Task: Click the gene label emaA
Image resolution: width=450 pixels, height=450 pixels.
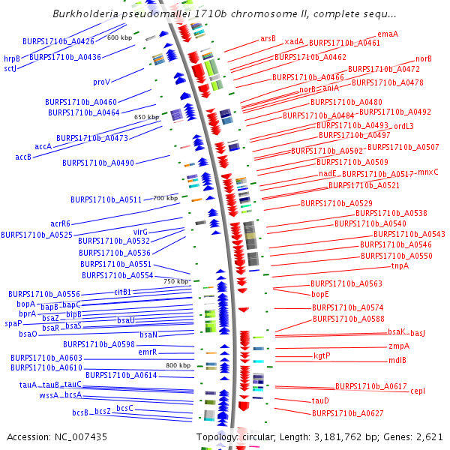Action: tap(388, 34)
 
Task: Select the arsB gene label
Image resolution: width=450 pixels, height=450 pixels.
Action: tap(268, 38)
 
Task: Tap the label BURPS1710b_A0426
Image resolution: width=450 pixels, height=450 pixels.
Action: tap(58, 41)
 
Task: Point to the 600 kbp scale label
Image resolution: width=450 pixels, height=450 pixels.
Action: tap(119, 37)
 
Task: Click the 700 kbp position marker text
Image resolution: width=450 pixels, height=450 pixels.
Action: tap(166, 198)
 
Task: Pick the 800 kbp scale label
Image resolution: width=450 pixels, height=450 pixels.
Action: tap(178, 365)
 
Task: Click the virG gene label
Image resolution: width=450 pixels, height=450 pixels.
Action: tap(141, 232)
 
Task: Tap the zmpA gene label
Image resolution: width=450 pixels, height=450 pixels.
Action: tap(399, 346)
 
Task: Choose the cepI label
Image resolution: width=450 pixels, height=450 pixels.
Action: tap(418, 391)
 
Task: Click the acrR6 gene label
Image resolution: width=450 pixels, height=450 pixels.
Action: tap(61, 223)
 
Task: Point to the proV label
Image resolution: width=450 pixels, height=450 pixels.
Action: tap(101, 82)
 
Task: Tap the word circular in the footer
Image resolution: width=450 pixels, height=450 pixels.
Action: tap(260, 436)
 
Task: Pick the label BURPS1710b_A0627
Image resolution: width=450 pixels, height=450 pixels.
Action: tap(348, 413)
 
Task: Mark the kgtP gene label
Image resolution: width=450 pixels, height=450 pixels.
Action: tap(322, 355)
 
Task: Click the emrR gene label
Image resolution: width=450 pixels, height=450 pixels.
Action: tap(147, 352)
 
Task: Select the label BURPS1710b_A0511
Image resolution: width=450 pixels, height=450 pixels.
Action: tap(106, 199)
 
